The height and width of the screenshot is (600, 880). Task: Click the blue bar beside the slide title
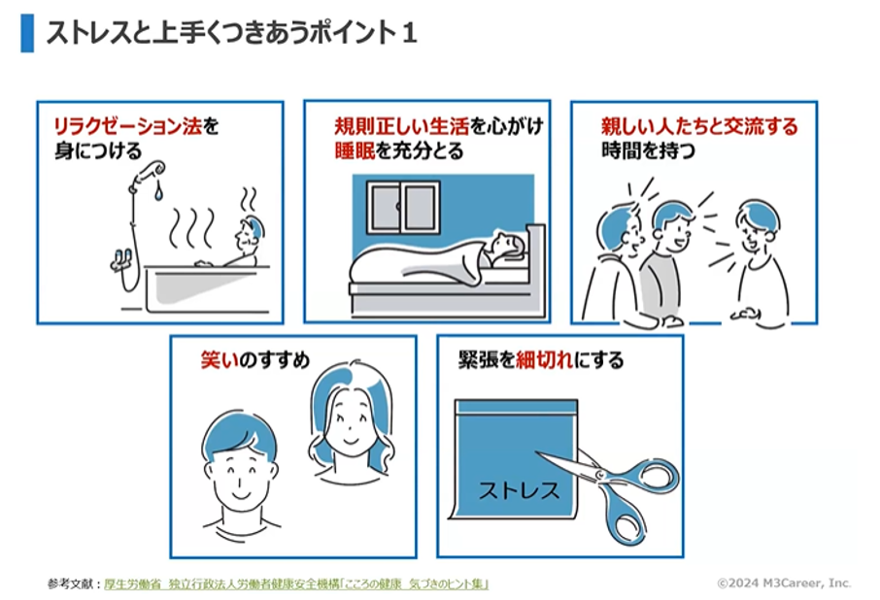coord(27,34)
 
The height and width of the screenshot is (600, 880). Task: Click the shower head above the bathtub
coord(151,171)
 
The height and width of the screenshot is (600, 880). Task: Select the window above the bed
coord(403,207)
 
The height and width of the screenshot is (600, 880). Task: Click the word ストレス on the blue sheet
coord(519,490)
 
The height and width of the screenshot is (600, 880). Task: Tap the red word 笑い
coord(220,360)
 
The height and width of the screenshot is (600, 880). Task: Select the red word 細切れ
coord(544,359)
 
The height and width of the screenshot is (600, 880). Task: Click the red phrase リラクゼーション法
coord(127,126)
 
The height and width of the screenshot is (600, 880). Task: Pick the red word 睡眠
coord(355,150)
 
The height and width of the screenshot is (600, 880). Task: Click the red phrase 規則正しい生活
coord(402,126)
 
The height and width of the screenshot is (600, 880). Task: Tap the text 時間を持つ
coord(648,150)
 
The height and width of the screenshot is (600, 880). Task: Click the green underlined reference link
coord(296,583)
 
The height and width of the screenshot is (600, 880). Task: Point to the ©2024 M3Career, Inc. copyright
coord(784,583)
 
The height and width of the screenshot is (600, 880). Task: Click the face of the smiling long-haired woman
coord(351,421)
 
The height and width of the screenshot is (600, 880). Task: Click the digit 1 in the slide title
coord(409,32)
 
